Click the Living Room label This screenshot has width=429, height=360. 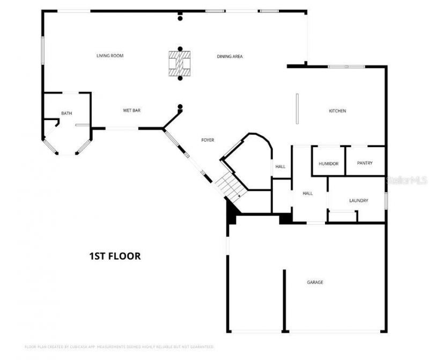(110, 56)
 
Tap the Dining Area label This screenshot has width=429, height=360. (230, 56)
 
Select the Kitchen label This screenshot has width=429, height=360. (337, 111)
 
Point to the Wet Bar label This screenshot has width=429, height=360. (132, 111)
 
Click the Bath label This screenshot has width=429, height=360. (66, 113)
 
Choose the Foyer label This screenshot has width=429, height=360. (208, 140)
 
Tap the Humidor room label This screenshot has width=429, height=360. (328, 164)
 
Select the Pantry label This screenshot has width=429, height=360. (365, 163)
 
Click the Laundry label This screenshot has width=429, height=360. (358, 201)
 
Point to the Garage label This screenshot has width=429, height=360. (315, 282)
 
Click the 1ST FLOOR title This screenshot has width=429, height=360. (115, 256)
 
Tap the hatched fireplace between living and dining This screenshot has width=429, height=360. (180, 63)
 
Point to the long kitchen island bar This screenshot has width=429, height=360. (297, 110)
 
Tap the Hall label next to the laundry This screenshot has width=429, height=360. (307, 194)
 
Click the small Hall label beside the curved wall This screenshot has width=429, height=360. (280, 167)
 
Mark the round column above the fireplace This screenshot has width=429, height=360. (180, 48)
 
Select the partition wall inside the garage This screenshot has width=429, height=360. (284, 300)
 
